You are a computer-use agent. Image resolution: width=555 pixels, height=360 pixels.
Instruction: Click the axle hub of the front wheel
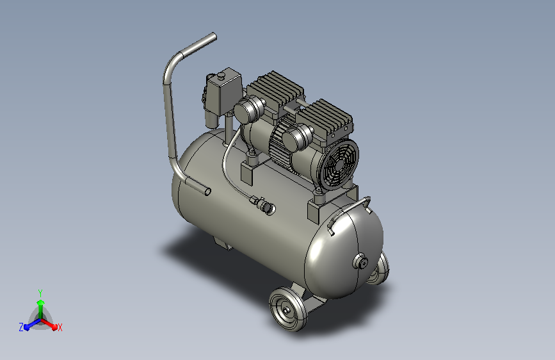(x=286, y=311)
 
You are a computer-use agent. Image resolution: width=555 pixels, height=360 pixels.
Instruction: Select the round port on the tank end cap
(x=360, y=262)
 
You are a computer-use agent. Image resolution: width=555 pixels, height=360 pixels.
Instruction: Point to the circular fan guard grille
(x=338, y=165)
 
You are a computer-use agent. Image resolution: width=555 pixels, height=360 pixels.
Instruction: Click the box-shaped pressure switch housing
(x=223, y=92)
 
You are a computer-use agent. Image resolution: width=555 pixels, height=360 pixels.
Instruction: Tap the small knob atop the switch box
(x=222, y=75)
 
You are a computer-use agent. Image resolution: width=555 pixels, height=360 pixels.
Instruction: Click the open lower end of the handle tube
(x=207, y=192)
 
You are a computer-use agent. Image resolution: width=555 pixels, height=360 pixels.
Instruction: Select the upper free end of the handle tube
(x=214, y=37)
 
